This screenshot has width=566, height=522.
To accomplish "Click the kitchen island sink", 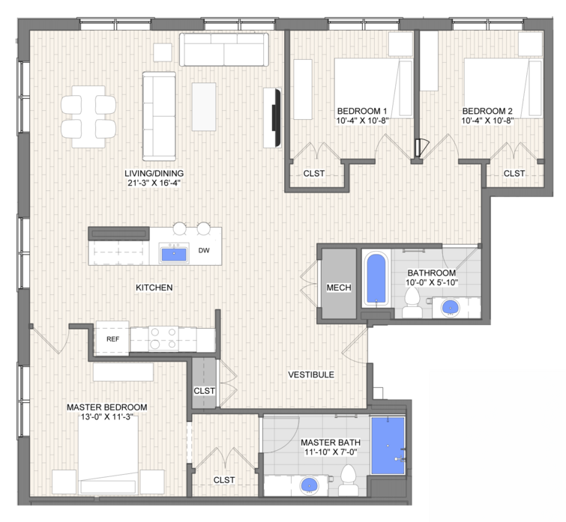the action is (174, 253).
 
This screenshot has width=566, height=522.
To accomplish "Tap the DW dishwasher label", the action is (204, 250).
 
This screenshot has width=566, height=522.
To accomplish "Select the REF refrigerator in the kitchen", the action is (112, 339).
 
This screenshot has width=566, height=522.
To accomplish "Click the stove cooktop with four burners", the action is (163, 339).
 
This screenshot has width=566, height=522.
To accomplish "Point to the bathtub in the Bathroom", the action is (376, 279).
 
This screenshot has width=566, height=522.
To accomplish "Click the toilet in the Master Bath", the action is (349, 480).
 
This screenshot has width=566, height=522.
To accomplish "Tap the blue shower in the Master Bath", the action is (388, 446).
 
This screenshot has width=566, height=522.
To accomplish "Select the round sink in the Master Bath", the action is (310, 485).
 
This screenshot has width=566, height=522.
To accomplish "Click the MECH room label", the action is (339, 288).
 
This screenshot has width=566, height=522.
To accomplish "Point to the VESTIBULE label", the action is (311, 374).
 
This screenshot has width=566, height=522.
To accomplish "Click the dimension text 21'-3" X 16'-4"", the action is (154, 183).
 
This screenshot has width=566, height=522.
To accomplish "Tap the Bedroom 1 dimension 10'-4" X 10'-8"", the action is (362, 121).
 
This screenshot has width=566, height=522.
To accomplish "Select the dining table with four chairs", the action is (88, 116).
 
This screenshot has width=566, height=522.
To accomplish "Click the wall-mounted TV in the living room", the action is (277, 118).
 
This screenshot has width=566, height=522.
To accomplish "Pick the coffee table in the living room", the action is (204, 106).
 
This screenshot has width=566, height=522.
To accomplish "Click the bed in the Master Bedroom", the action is (108, 457).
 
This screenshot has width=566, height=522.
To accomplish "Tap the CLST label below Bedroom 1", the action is (313, 174).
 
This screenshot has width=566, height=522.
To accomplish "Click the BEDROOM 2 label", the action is (487, 111).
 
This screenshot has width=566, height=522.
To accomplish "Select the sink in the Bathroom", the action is (451, 308).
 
